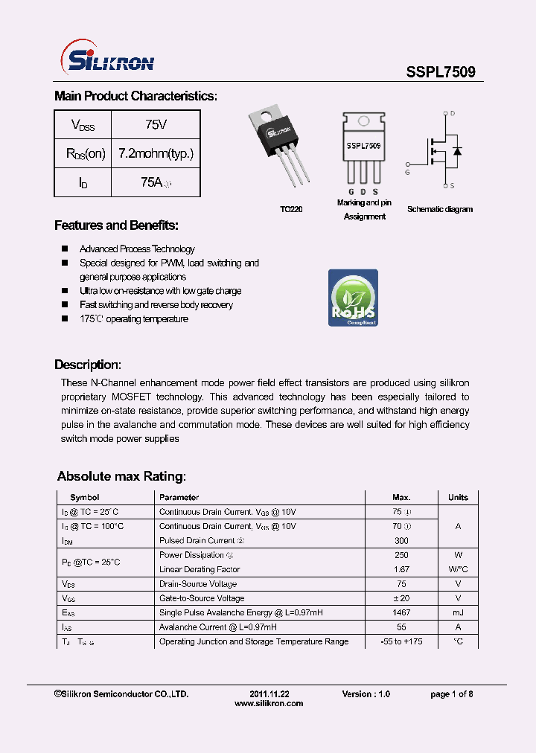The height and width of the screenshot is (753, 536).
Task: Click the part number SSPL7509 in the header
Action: (x=441, y=73)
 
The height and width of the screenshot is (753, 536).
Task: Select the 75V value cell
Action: (x=156, y=124)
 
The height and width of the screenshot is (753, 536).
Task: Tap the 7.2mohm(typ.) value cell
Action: (x=156, y=153)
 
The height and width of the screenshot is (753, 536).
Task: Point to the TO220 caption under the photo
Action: (x=291, y=210)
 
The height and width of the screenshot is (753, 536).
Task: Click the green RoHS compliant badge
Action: (x=353, y=298)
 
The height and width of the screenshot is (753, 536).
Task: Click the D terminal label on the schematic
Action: (x=452, y=113)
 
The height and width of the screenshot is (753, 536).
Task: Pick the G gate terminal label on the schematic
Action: (x=407, y=172)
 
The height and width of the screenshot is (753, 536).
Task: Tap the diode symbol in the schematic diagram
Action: (x=457, y=152)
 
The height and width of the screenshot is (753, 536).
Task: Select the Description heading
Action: (x=87, y=365)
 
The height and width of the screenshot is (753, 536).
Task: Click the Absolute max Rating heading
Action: (x=121, y=476)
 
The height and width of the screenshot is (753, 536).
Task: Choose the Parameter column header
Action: (x=179, y=497)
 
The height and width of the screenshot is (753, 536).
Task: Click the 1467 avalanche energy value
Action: (x=401, y=612)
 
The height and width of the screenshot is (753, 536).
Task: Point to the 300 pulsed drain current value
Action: (x=401, y=540)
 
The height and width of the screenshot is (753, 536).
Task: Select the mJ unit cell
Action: (x=458, y=612)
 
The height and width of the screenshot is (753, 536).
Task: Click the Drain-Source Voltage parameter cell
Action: (x=198, y=584)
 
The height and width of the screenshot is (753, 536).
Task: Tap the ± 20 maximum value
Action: (x=401, y=598)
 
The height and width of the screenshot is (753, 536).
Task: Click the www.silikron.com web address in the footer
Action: (x=269, y=703)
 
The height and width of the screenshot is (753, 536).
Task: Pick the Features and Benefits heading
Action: (x=116, y=225)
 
